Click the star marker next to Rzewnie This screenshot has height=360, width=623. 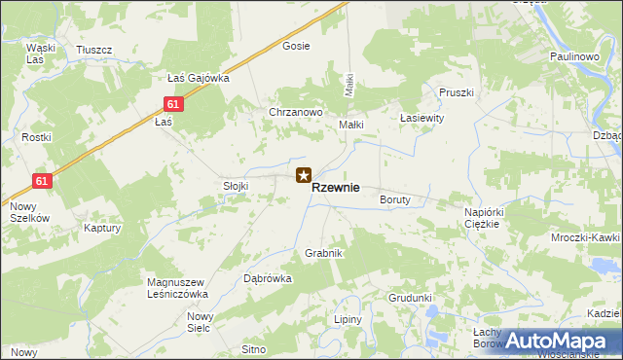coord(304,176)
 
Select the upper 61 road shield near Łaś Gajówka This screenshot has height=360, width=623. coord(171,104)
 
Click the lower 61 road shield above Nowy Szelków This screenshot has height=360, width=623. coord(41,181)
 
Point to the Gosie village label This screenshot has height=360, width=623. coord(296,46)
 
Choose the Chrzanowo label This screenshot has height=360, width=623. coord(295,112)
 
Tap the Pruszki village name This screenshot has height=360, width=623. coord(456,92)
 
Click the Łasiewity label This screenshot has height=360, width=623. coord(421,117)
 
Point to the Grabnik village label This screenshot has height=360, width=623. coord(324,253)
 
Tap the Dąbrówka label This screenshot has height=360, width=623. coord(268,278)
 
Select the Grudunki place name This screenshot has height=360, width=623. coord(410,298)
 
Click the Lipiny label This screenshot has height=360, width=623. coord(348,319)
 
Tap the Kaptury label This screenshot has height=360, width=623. coord(102,229)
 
